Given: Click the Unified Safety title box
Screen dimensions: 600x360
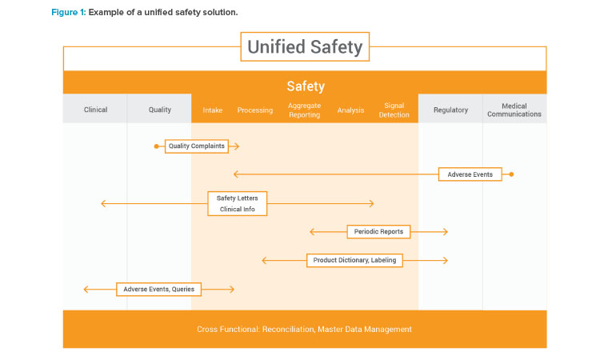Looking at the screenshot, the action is [305, 46].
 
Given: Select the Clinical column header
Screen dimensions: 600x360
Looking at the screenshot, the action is [95, 110].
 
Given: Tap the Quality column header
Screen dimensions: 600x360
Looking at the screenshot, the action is [159, 110].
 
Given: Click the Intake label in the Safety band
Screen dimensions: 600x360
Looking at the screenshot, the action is [212, 110].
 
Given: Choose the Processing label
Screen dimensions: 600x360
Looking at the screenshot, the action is [255, 110].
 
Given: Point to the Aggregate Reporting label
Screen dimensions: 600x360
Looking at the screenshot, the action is [304, 110].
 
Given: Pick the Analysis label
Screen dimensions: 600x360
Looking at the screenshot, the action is [350, 110].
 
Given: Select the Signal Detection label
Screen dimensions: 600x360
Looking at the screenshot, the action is [394, 110].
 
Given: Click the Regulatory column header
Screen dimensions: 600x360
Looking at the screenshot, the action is [450, 110].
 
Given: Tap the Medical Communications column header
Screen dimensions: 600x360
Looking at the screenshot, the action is [514, 110].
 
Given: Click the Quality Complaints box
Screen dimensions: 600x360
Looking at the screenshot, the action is [197, 146].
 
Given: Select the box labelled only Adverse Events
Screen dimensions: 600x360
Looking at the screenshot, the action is [470, 174].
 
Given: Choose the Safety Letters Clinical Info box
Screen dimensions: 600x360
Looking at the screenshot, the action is [238, 203].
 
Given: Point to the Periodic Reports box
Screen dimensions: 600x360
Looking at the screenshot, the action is [378, 231].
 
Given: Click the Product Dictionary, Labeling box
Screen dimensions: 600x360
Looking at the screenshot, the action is [354, 260].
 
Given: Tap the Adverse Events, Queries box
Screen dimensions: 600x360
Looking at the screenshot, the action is [159, 290].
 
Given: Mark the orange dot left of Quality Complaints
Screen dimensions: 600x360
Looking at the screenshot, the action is [156, 146].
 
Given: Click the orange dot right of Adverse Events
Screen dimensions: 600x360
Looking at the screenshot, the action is [511, 174].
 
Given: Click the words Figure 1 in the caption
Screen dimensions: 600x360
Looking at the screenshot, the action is [69, 12].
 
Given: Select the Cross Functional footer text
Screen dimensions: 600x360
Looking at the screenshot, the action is [304, 329].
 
